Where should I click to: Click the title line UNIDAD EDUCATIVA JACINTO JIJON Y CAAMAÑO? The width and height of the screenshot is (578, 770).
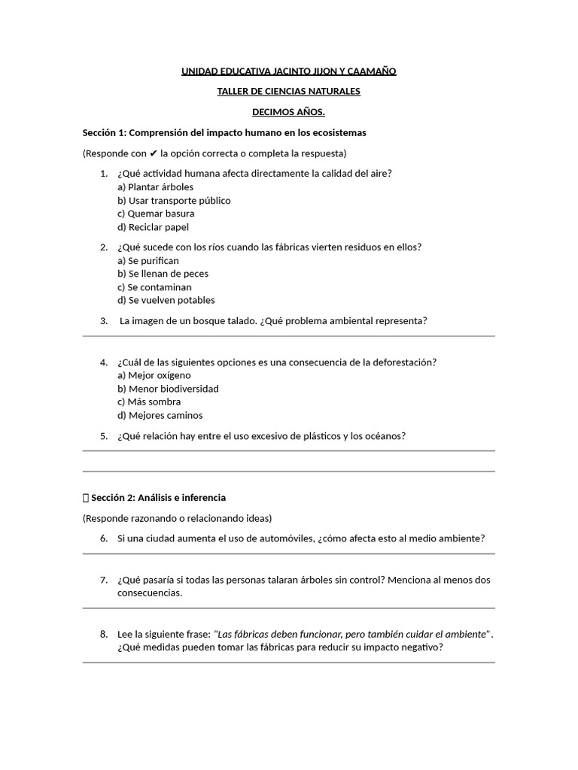(x=288, y=71)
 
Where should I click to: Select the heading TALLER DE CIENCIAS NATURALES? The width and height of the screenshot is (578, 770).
(x=288, y=91)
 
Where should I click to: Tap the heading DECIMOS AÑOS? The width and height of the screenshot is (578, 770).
(x=288, y=112)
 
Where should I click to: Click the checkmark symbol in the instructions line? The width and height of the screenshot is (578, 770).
(x=154, y=153)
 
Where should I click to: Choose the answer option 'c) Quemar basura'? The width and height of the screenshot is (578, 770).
(x=156, y=214)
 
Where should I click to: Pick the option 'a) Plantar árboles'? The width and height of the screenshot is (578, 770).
(x=155, y=187)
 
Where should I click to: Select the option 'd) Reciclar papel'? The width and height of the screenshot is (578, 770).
(x=153, y=227)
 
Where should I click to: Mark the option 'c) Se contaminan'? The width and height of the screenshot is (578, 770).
(x=154, y=287)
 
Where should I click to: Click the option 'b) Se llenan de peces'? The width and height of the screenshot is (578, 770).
(x=163, y=274)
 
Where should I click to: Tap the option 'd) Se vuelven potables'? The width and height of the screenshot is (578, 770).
(x=166, y=300)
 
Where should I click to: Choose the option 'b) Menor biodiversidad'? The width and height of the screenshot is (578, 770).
(x=168, y=389)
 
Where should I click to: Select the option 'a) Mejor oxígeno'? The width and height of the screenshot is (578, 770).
(x=154, y=375)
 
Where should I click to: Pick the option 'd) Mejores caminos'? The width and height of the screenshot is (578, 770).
(x=160, y=415)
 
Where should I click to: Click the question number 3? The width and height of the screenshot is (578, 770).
(x=104, y=321)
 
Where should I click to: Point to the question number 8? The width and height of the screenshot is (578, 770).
(x=104, y=634)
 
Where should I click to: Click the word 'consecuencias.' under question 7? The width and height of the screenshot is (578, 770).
(x=150, y=593)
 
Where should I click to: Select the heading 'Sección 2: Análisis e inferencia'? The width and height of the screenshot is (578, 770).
(x=158, y=498)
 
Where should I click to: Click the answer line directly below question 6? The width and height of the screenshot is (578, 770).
(x=288, y=553)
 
